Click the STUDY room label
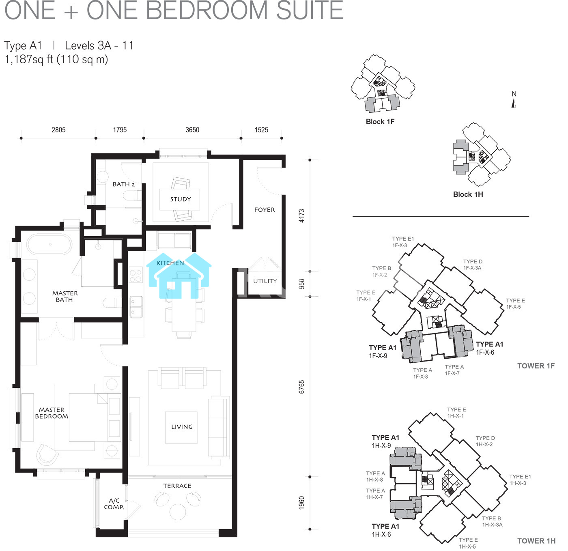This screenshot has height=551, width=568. tap(181, 199)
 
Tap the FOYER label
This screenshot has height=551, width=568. tap(265, 210)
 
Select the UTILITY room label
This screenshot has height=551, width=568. tap(265, 281)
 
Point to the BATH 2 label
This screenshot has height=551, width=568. tap(124, 184)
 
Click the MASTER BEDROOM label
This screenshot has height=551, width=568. tap(52, 413)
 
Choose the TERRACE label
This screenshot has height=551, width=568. tap(177, 486)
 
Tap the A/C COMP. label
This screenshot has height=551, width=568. tap(114, 504)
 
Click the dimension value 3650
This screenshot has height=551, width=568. tap(192, 130)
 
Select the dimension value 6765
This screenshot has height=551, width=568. tap(301, 387)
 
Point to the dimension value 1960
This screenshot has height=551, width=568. tap(301, 503)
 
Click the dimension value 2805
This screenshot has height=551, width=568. tap(59, 130)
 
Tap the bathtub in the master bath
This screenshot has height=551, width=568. tap(49, 245)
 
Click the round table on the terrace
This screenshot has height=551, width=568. tap(177, 512)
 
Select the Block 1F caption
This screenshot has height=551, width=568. tap(380, 122)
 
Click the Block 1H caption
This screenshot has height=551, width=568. tap(468, 194)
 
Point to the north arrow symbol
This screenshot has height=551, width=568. tap(514, 103)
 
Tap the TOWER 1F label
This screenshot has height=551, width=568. tap(536, 366)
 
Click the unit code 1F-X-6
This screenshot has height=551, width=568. tap(485, 353)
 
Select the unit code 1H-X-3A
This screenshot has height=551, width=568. tap(493, 525)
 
